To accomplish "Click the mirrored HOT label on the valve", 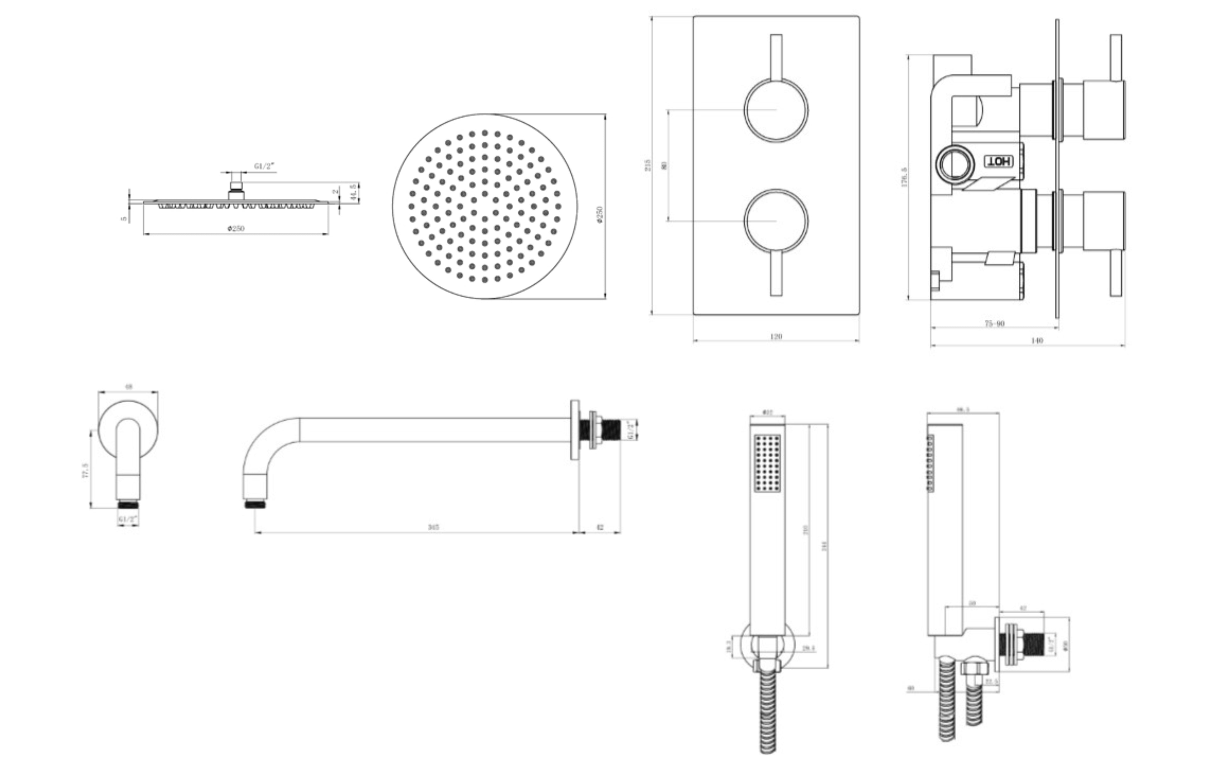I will click(x=998, y=161).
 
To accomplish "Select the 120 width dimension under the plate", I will click(x=776, y=336).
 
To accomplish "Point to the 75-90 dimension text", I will click(x=994, y=323).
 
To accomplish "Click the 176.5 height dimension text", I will click(x=904, y=177).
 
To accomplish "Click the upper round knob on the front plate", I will click(x=776, y=110).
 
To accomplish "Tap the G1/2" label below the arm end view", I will click(x=128, y=518).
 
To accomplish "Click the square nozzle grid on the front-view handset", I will click(x=768, y=463).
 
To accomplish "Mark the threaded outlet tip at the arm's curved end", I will click(x=256, y=504).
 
